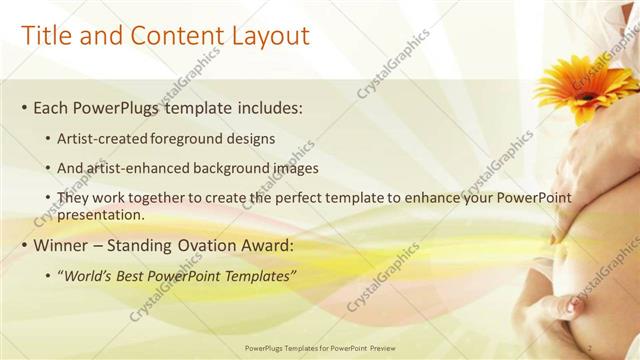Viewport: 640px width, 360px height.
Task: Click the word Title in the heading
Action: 47,37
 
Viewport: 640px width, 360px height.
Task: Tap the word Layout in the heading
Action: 265,37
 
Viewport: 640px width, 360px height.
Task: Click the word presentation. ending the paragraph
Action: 104,214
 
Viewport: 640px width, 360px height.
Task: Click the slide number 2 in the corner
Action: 592,349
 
